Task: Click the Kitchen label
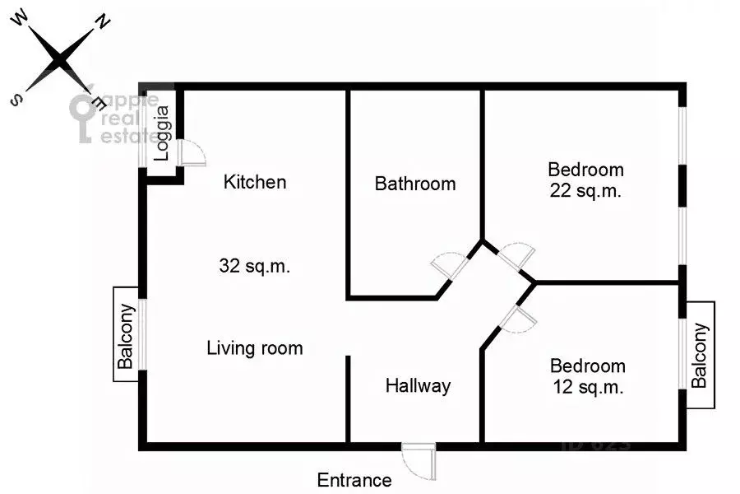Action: coord(255,182)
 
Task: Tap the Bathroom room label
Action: coord(415,184)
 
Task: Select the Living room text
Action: coord(254,348)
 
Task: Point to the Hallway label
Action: coord(419,385)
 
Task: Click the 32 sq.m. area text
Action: coord(255,267)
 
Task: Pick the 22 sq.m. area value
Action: coord(585,192)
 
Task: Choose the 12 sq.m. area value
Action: coord(587,387)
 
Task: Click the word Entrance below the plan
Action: coord(354,480)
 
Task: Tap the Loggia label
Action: coord(163,133)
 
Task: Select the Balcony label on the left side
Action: coord(126,334)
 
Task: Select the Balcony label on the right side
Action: coord(700,355)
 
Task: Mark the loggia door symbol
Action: coord(192,154)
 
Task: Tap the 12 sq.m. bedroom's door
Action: coord(516,319)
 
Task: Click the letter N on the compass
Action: coord(104,22)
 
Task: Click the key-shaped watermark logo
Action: coord(83,115)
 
